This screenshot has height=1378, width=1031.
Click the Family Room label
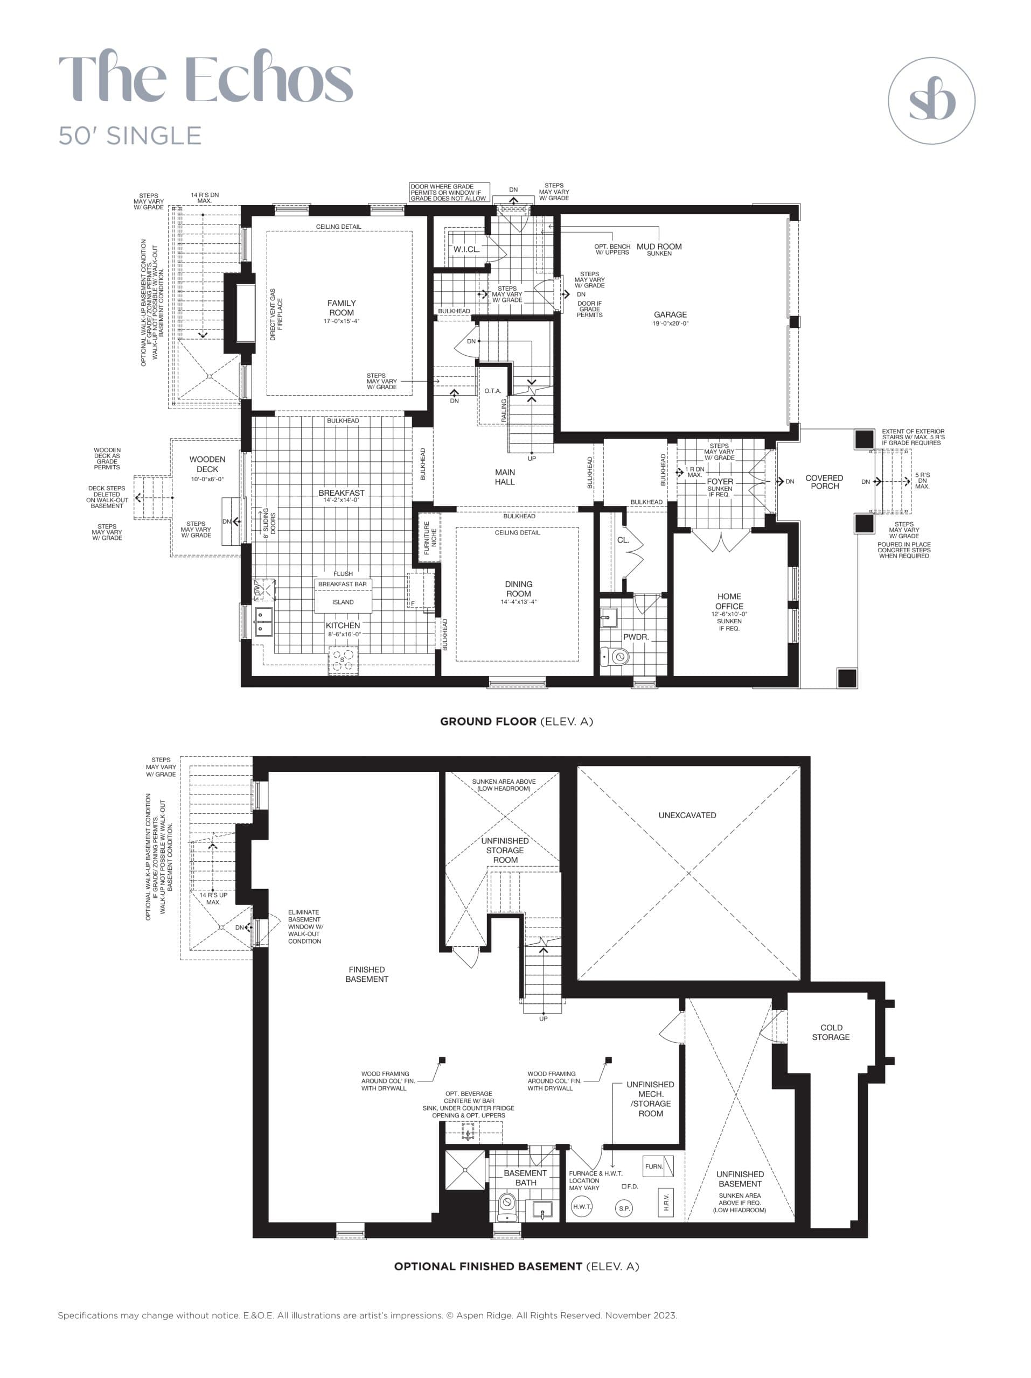tap(342, 308)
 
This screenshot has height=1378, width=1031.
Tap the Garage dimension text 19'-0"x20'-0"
tap(671, 324)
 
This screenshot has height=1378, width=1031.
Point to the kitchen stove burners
tap(344, 660)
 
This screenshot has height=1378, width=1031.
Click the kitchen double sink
tap(263, 621)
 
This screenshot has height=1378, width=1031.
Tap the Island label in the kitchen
tap(343, 602)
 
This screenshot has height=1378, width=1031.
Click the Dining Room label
tap(519, 589)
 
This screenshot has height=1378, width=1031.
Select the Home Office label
tap(729, 601)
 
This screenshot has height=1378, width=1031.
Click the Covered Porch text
tap(824, 482)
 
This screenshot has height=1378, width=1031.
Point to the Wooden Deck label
tap(207, 464)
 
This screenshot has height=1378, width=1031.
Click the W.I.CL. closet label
tap(466, 249)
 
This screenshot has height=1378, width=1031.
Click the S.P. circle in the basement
tap(624, 1208)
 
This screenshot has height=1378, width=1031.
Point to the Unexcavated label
tap(687, 815)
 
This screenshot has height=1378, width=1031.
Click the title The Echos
tap(206, 78)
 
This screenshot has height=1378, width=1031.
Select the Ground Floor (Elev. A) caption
tap(516, 721)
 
